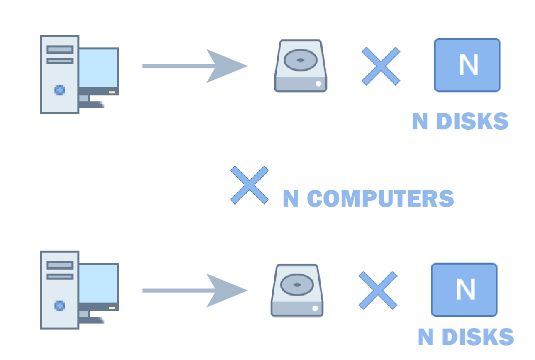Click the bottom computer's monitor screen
pyautogui.click(x=98, y=283)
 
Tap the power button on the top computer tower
pyautogui.click(x=59, y=90)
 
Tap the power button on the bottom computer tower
pyautogui.click(x=59, y=306)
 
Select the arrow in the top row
pyautogui.click(x=195, y=66)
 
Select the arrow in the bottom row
pyautogui.click(x=195, y=290)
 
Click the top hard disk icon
pyautogui.click(x=300, y=66)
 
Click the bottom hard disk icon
pyautogui.click(x=297, y=291)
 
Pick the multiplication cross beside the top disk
pyautogui.click(x=381, y=66)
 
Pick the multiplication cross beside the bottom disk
pyautogui.click(x=378, y=290)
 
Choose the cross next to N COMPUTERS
pyautogui.click(x=249, y=185)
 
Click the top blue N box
pyautogui.click(x=467, y=65)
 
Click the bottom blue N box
pyautogui.click(x=464, y=290)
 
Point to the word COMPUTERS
pyautogui.click(x=381, y=199)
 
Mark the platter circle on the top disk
pyautogui.click(x=300, y=60)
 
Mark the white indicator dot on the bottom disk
pyautogui.click(x=315, y=308)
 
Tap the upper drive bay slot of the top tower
pyautogui.click(x=59, y=49)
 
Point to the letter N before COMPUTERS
pyautogui.click(x=290, y=199)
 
